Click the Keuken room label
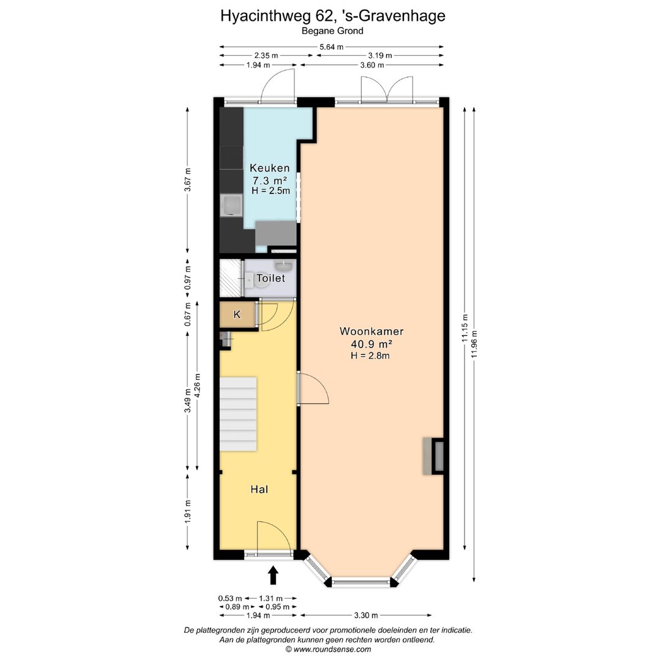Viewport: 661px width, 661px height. point(270,168)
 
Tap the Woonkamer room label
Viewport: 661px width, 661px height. point(372,331)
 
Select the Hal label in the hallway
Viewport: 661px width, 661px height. point(260,490)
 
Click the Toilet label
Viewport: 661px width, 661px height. point(271,278)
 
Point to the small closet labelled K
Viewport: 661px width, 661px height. point(237,315)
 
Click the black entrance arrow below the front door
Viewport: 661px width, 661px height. point(274,575)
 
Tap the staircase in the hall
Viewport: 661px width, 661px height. point(238,414)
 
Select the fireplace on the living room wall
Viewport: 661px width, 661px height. point(433,456)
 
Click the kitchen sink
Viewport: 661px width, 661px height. point(231,206)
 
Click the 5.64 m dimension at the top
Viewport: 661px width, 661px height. point(331,47)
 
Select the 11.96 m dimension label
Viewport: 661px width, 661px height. point(474,346)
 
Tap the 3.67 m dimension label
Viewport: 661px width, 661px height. point(188,180)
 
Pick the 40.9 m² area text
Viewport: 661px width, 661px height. point(371,343)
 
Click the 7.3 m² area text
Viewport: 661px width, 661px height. point(270,181)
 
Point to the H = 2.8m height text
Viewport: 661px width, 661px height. point(371,355)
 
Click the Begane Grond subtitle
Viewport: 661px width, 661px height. point(332,31)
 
